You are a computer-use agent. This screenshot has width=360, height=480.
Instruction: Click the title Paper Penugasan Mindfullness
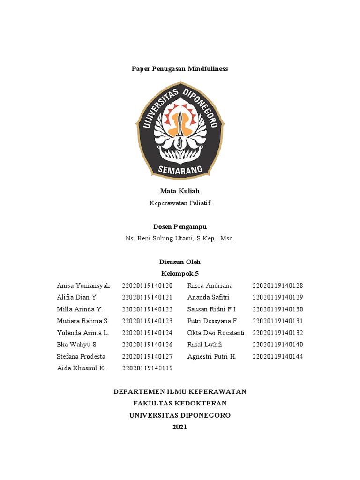click(180, 68)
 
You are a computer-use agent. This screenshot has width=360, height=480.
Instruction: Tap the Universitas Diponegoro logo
click(180, 130)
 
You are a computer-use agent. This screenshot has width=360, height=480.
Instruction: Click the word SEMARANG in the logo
click(180, 168)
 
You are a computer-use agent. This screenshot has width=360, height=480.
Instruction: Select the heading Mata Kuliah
click(180, 191)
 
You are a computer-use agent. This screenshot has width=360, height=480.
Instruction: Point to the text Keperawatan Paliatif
click(180, 203)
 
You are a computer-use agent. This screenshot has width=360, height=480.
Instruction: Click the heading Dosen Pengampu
click(180, 227)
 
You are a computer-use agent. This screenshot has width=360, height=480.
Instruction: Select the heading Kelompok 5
click(180, 274)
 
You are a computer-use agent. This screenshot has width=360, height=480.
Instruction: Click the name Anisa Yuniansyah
click(83, 285)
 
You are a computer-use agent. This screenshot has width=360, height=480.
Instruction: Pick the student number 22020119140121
click(147, 297)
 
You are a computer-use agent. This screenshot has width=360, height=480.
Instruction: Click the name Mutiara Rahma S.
click(83, 321)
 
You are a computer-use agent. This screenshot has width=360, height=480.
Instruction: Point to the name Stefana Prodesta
click(81, 356)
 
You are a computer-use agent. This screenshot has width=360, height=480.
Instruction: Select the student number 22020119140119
click(147, 368)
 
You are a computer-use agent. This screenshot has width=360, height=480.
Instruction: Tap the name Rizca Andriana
click(210, 285)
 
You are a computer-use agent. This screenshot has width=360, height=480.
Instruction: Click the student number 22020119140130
click(278, 309)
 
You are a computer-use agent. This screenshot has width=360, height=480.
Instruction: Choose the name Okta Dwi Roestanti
click(216, 333)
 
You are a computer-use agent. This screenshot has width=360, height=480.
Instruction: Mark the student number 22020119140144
click(278, 356)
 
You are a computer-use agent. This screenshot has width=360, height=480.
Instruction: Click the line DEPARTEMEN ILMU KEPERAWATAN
click(180, 391)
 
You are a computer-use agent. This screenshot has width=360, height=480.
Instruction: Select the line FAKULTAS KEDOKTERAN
click(180, 403)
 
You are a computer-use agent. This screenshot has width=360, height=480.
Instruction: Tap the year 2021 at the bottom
click(180, 427)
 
